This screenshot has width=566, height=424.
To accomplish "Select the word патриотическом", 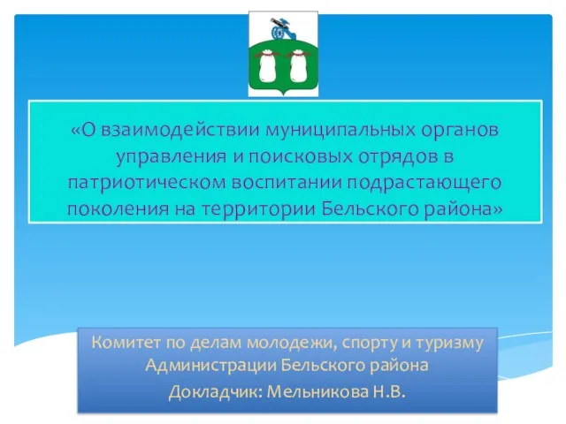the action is point(147,184).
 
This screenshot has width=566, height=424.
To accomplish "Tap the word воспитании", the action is point(287,183).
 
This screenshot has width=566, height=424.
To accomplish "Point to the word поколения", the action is point(118,209).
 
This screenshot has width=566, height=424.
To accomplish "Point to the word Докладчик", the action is point(216,392).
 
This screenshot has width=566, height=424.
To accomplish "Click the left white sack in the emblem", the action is point(268,66).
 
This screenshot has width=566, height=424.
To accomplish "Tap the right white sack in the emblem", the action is point(299,66).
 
